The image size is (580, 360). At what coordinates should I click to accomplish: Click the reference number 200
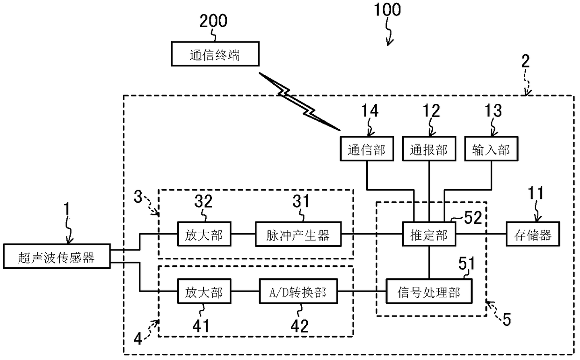coord(213,21)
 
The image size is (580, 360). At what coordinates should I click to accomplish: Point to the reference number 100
coord(387,9)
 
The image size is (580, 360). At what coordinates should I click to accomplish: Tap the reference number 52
coord(473,218)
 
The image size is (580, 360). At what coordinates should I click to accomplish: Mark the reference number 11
coord(536,193)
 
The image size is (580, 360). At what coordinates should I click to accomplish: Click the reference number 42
coord(299,326)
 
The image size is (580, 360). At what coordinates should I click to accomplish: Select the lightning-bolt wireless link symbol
coord(299,101)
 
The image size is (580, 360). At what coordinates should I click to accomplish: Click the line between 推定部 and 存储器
coord(481,234)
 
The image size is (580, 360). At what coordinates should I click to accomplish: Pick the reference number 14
coord(370,110)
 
